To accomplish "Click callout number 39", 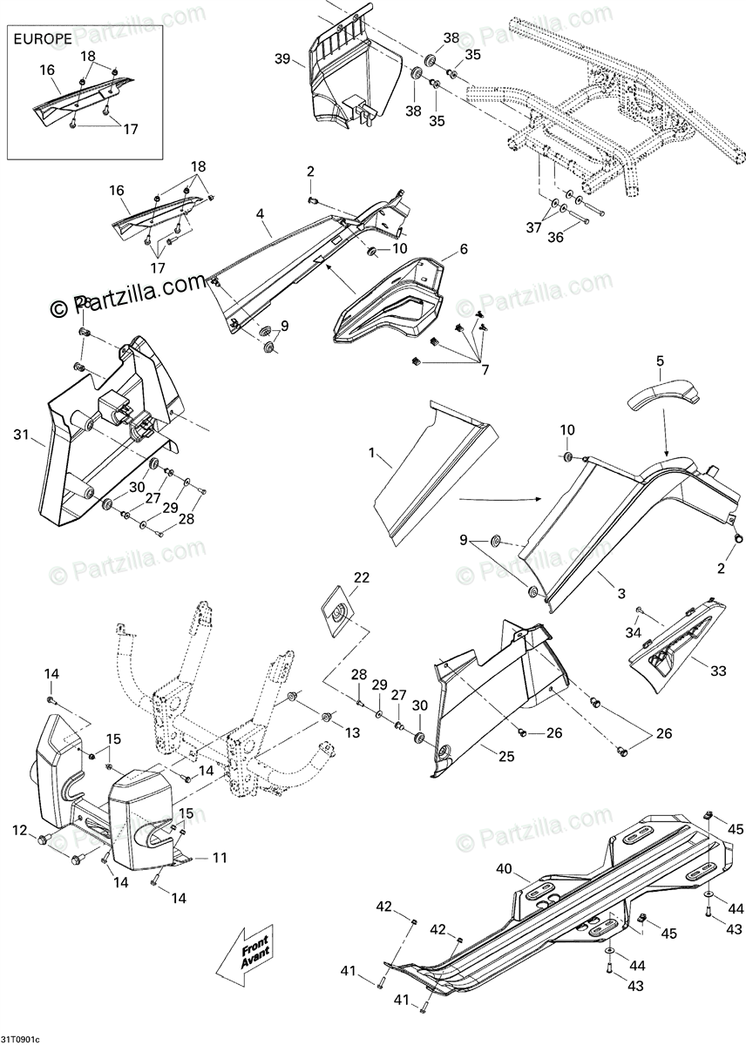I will point(281,58).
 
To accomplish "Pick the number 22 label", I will point(361,577).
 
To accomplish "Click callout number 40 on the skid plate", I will point(505,868).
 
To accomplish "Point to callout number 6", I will point(463,248).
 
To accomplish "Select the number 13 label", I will point(351,733).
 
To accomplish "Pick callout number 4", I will point(260,212).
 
